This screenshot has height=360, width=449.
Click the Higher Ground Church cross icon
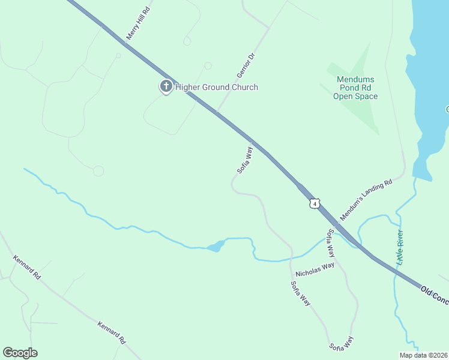(166, 87)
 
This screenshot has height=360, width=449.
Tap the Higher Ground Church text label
(217, 87)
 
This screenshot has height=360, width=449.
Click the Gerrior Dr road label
(247, 65)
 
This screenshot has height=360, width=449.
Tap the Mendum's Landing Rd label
(366, 199)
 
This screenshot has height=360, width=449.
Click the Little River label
(400, 248)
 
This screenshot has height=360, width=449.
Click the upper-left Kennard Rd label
(26, 268)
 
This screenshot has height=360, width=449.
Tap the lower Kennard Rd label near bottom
(112, 332)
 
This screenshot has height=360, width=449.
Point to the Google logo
(20, 353)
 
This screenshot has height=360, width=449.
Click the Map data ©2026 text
(423, 355)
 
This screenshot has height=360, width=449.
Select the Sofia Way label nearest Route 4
(244, 160)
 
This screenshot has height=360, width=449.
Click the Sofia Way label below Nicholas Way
(300, 294)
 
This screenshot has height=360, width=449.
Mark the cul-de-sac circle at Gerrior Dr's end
(208, 65)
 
